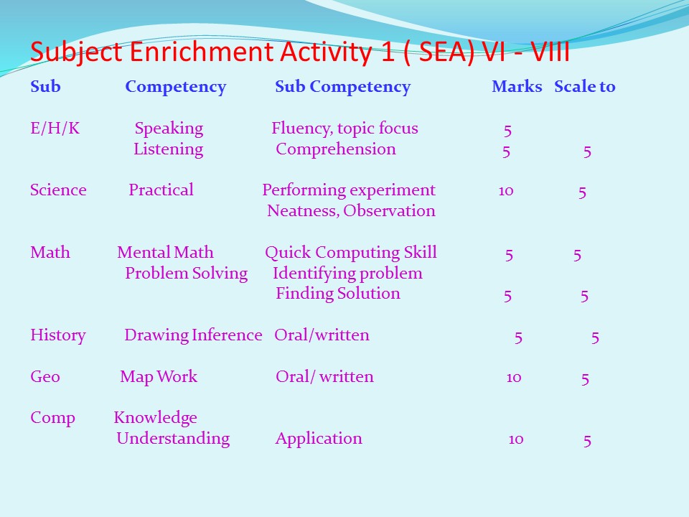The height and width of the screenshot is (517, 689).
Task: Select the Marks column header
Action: [517, 87]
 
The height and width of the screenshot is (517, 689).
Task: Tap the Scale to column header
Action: [585, 87]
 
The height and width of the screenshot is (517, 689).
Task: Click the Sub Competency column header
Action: [343, 88]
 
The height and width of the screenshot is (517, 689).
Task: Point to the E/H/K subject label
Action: [55, 128]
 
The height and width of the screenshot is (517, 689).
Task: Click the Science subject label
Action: [58, 190]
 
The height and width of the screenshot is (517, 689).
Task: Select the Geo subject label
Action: [45, 377]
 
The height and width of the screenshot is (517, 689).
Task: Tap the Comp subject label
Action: [52, 419]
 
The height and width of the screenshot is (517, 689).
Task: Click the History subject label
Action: [58, 335]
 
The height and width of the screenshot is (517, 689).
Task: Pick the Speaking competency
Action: [169, 129]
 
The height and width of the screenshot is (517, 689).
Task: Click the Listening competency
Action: [168, 149]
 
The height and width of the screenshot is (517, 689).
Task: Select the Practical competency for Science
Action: [161, 190]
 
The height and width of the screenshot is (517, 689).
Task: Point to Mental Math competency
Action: [165, 252]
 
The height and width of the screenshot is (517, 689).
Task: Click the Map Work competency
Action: [159, 377]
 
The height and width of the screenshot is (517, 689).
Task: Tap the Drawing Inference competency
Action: [193, 335]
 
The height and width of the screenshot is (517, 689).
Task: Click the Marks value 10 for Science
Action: [506, 191]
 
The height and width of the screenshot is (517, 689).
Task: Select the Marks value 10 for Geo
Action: [514, 378]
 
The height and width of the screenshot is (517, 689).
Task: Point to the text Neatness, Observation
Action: [351, 211]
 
